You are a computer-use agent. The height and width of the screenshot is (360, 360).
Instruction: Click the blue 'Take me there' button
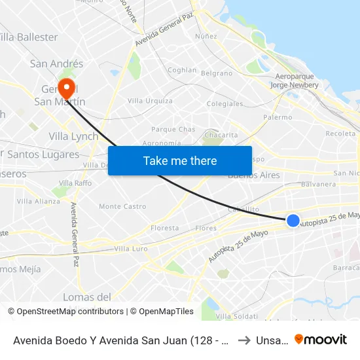click(180, 160)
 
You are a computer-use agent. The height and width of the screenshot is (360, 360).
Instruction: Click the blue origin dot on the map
click(293, 221)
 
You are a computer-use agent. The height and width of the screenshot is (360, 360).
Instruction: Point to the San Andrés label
click(57, 63)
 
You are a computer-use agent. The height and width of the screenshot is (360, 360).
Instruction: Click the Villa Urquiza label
click(150, 101)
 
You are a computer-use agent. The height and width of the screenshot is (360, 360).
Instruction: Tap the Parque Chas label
click(173, 130)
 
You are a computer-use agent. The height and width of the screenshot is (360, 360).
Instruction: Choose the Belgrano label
click(217, 73)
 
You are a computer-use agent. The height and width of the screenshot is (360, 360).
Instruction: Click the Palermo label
click(278, 117)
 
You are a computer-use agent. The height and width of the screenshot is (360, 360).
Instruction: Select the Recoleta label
click(340, 134)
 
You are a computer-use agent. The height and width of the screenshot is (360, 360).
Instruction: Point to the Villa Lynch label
click(73, 137)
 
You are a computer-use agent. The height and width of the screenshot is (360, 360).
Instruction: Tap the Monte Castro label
click(122, 206)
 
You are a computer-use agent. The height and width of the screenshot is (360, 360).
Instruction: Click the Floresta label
click(164, 228)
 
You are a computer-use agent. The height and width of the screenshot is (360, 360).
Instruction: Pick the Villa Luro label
click(130, 249)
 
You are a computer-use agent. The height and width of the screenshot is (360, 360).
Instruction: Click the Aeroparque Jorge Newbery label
click(297, 81)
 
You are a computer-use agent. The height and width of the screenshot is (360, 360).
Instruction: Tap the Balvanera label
click(319, 185)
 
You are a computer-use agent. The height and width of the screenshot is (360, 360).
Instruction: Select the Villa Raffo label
click(75, 183)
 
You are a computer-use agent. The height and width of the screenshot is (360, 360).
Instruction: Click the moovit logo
click(321, 339)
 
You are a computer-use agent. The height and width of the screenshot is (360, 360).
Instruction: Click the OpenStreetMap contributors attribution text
click(70, 312)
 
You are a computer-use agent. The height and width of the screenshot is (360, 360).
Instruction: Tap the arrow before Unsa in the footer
click(243, 339)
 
